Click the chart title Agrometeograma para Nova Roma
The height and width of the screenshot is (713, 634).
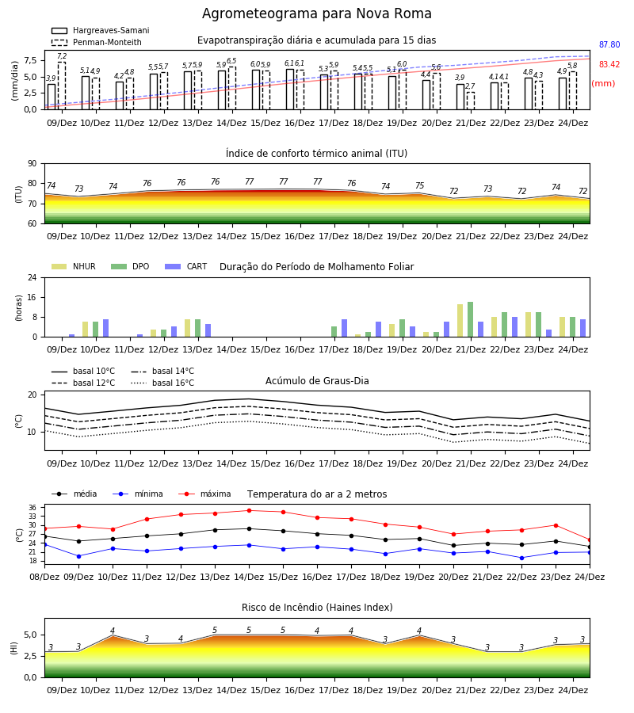(316, 13)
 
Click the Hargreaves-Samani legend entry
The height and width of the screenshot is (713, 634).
(100, 30)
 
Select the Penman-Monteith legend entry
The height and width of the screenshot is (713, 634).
(97, 42)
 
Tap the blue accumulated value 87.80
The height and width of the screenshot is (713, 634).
(609, 44)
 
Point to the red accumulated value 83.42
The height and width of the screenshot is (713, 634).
(609, 64)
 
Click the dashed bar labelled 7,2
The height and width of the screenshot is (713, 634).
(62, 86)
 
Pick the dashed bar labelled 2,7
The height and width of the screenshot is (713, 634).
(470, 101)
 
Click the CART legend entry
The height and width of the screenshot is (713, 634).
(186, 266)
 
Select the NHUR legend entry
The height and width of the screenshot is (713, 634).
(74, 266)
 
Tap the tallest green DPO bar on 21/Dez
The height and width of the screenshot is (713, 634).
(470, 319)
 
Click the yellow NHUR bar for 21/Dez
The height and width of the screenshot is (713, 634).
(460, 321)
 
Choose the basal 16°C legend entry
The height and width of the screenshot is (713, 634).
(162, 383)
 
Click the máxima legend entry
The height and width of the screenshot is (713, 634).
(204, 494)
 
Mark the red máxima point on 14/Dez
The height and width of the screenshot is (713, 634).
(249, 510)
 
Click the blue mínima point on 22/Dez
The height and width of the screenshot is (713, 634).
(521, 558)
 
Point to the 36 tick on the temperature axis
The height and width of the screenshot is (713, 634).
(32, 508)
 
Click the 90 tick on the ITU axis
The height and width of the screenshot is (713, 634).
(32, 163)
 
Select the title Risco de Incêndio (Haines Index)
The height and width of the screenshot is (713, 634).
(317, 608)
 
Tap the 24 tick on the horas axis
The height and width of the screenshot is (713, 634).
(32, 277)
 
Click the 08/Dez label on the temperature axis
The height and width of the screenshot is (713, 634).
(44, 577)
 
